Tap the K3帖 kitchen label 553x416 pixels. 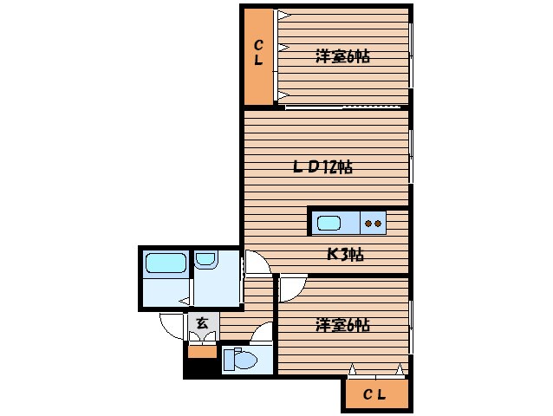(x=344, y=254)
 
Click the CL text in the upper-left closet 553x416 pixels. (x=258, y=54)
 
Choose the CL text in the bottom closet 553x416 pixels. (x=374, y=395)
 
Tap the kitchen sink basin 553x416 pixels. (x=329, y=223)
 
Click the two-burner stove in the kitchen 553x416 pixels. (x=374, y=223)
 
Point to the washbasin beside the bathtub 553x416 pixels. (x=205, y=258)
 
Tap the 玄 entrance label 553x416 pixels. (x=201, y=323)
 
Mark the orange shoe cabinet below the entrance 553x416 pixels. (x=202, y=352)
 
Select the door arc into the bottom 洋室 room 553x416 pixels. (x=292, y=287)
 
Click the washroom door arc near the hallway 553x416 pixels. (x=254, y=263)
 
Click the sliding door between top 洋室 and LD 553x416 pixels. (x=345, y=107)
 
